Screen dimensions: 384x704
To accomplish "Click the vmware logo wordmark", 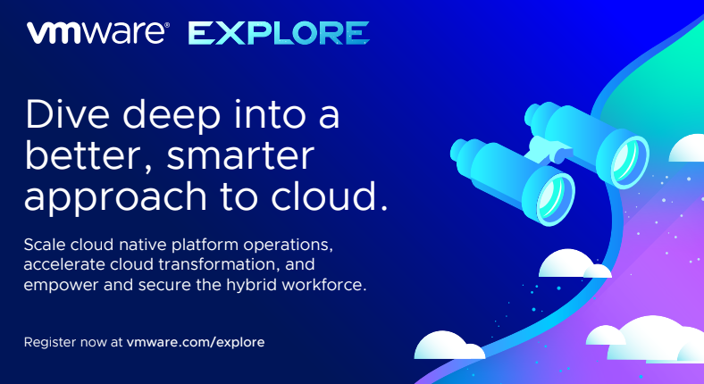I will (x=97, y=34).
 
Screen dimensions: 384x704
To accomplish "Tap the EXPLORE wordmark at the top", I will (x=279, y=34).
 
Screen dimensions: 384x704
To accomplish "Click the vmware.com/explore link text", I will (x=196, y=342).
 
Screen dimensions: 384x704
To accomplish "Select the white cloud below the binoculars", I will (x=573, y=264).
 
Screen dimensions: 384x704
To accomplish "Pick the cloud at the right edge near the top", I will (x=690, y=148).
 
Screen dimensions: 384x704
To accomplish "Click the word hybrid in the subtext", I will (x=264, y=287).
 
